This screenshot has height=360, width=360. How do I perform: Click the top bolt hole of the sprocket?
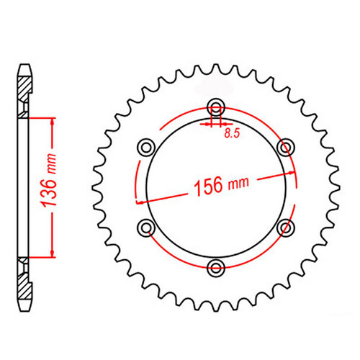[x=215, y=108]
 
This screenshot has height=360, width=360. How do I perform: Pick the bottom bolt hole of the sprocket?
[x=215, y=268]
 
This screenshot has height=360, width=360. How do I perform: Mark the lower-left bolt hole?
[x=146, y=228]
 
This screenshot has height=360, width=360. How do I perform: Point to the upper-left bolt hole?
[x=146, y=148]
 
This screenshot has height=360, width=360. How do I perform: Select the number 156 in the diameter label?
[x=207, y=190]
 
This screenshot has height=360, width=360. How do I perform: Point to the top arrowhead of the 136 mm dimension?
[x=53, y=120]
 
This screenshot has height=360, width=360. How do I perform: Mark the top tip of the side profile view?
[x=24, y=66]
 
